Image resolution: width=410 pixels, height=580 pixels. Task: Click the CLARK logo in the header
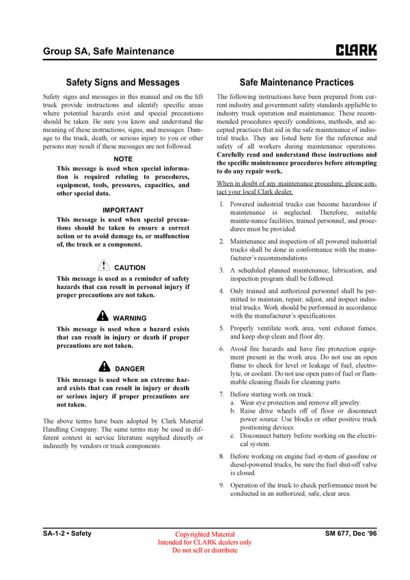coord(356,51)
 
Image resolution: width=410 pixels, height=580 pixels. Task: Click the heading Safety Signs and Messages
coord(122,83)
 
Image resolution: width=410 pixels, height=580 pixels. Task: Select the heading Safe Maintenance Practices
coord(297,83)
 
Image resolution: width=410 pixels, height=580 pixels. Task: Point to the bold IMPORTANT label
coord(123,210)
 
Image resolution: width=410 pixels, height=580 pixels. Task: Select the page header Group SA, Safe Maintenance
coord(108,51)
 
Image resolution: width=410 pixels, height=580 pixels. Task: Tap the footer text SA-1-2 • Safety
coord(67,533)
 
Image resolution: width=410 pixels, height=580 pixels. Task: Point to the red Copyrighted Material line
coord(205,534)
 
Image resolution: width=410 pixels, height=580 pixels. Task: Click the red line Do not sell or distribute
coord(205,551)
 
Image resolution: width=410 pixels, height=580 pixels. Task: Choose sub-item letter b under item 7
coord(233,412)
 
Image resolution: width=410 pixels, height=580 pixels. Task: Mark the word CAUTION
coord(130,268)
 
